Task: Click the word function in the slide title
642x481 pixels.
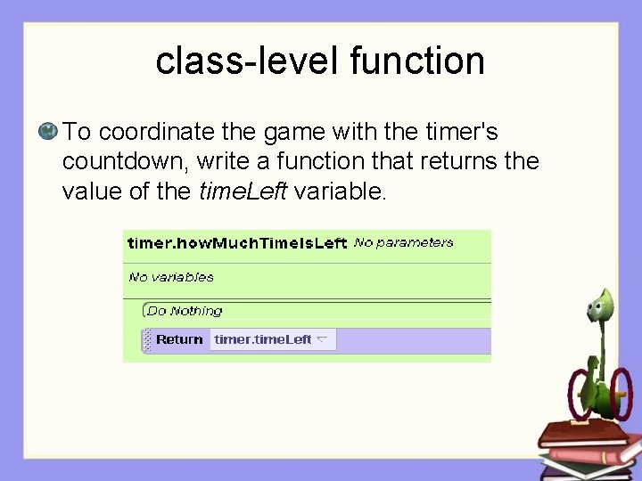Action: coord(417,61)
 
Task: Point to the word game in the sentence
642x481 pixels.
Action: coord(295,132)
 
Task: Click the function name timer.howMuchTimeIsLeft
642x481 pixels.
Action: coord(236,243)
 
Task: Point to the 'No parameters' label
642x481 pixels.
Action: coord(403,242)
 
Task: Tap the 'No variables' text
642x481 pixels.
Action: coord(171,277)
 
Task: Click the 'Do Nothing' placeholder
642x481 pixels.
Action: coord(185,311)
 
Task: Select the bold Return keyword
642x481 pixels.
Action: coord(179,339)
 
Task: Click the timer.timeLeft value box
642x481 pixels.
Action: coord(264,339)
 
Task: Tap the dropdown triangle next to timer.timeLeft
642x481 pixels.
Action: coord(322,338)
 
